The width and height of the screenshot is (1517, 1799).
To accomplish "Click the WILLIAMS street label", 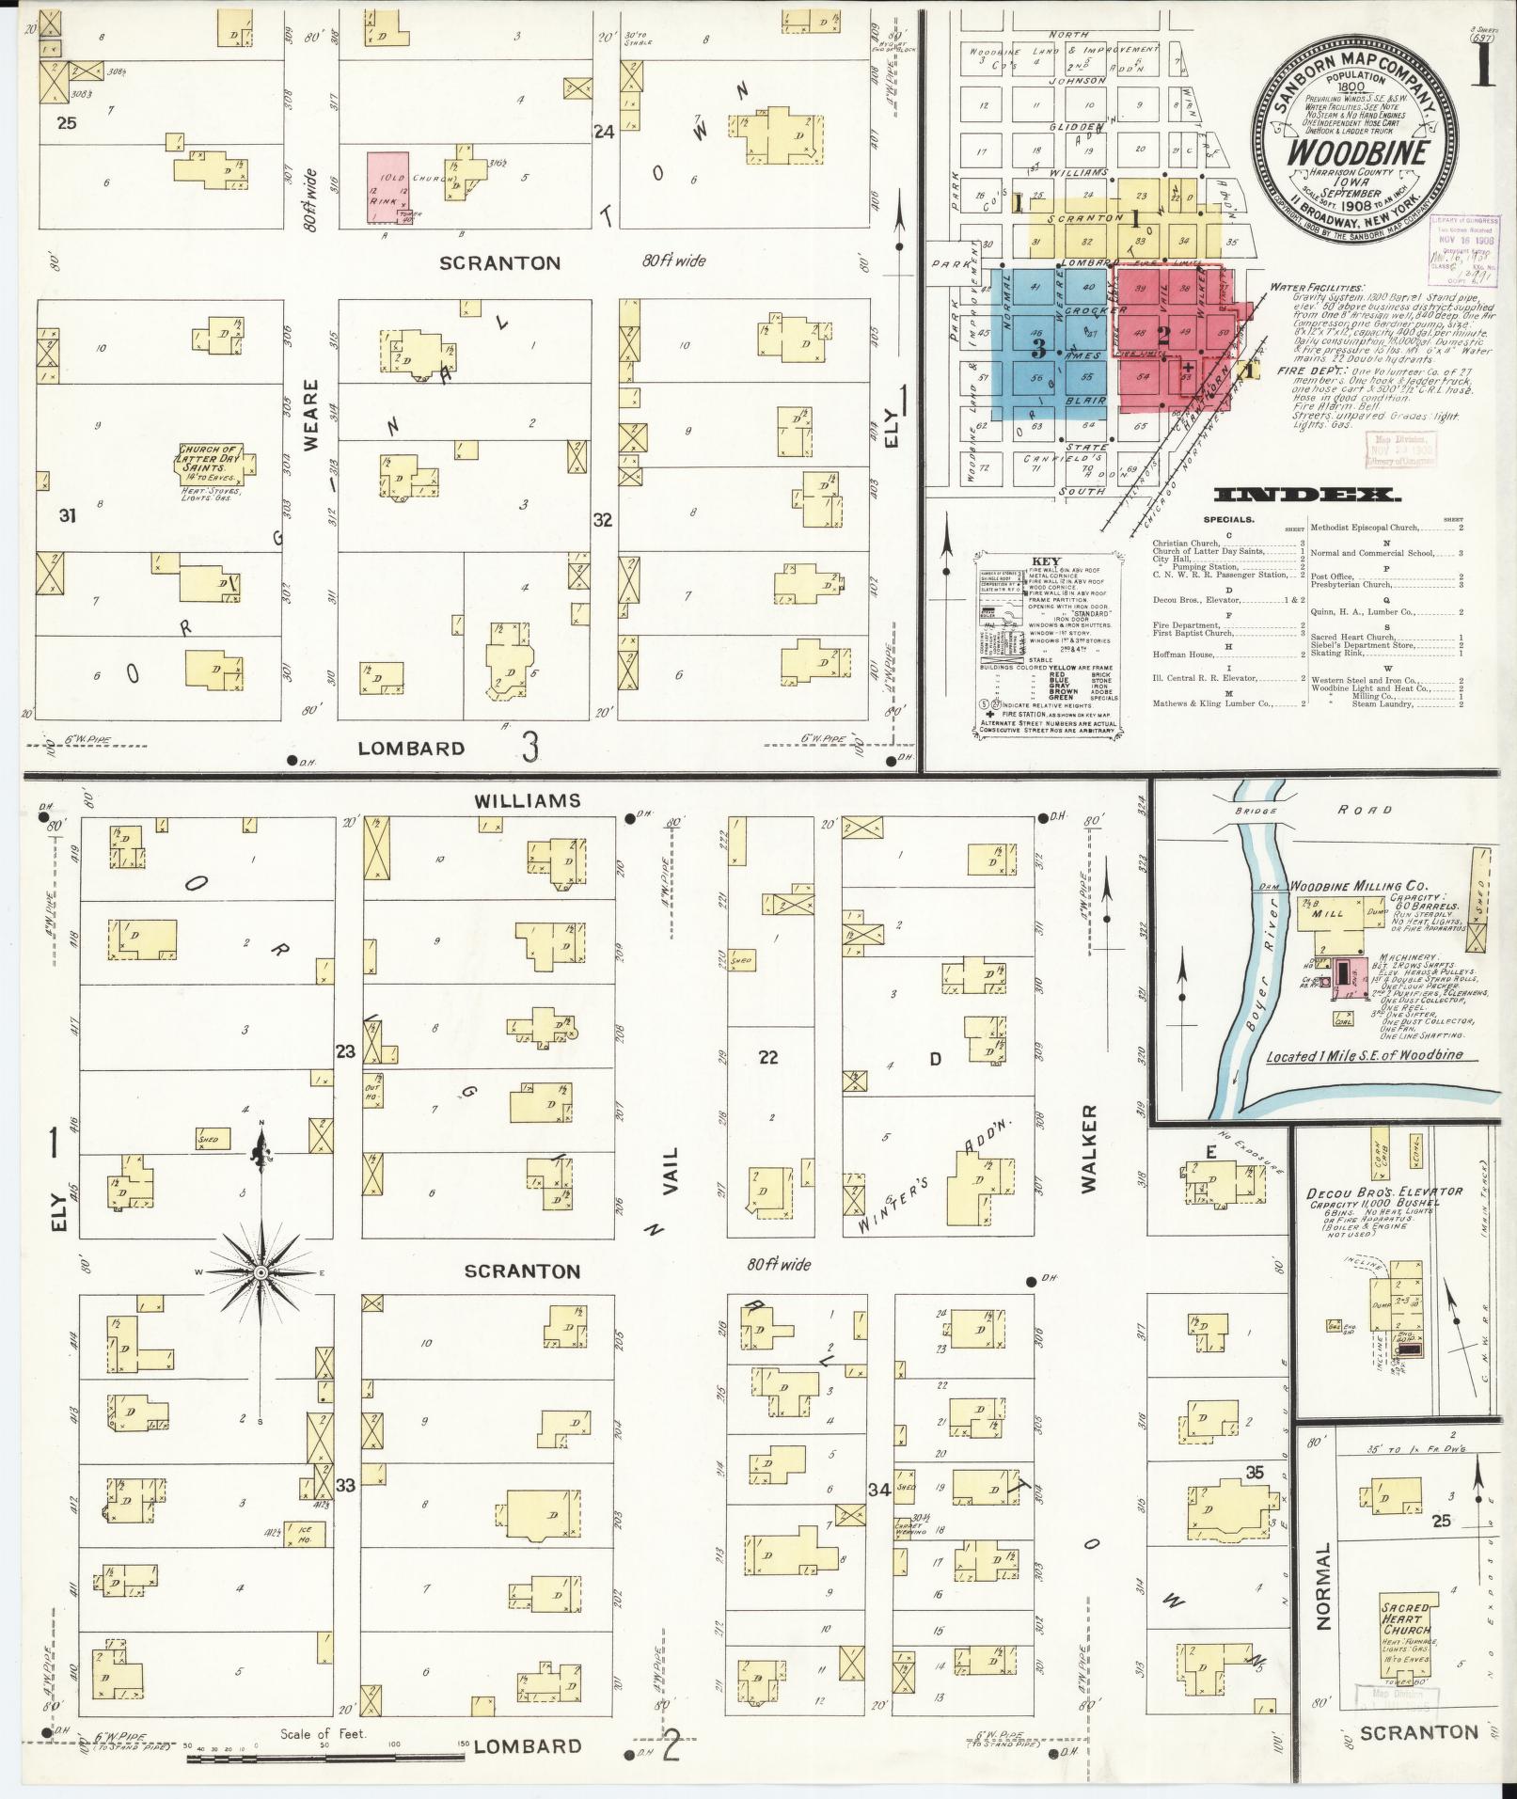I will click(528, 800).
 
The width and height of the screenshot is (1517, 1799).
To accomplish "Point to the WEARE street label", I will click(313, 416).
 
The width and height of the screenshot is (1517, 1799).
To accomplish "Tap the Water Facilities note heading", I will click(1315, 287).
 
